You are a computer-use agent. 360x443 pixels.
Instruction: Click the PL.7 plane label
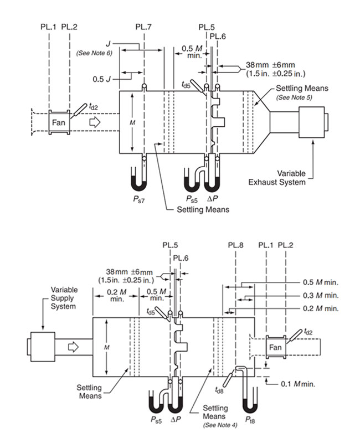tap(143, 26)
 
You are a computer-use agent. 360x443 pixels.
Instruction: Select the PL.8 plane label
tap(236, 244)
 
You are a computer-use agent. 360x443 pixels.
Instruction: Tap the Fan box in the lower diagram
tap(276, 347)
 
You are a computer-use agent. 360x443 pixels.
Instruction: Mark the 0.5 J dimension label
tap(104, 79)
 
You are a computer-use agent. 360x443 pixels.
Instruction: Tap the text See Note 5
tap(294, 97)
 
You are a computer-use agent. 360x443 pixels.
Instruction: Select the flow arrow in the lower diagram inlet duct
tap(73, 347)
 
